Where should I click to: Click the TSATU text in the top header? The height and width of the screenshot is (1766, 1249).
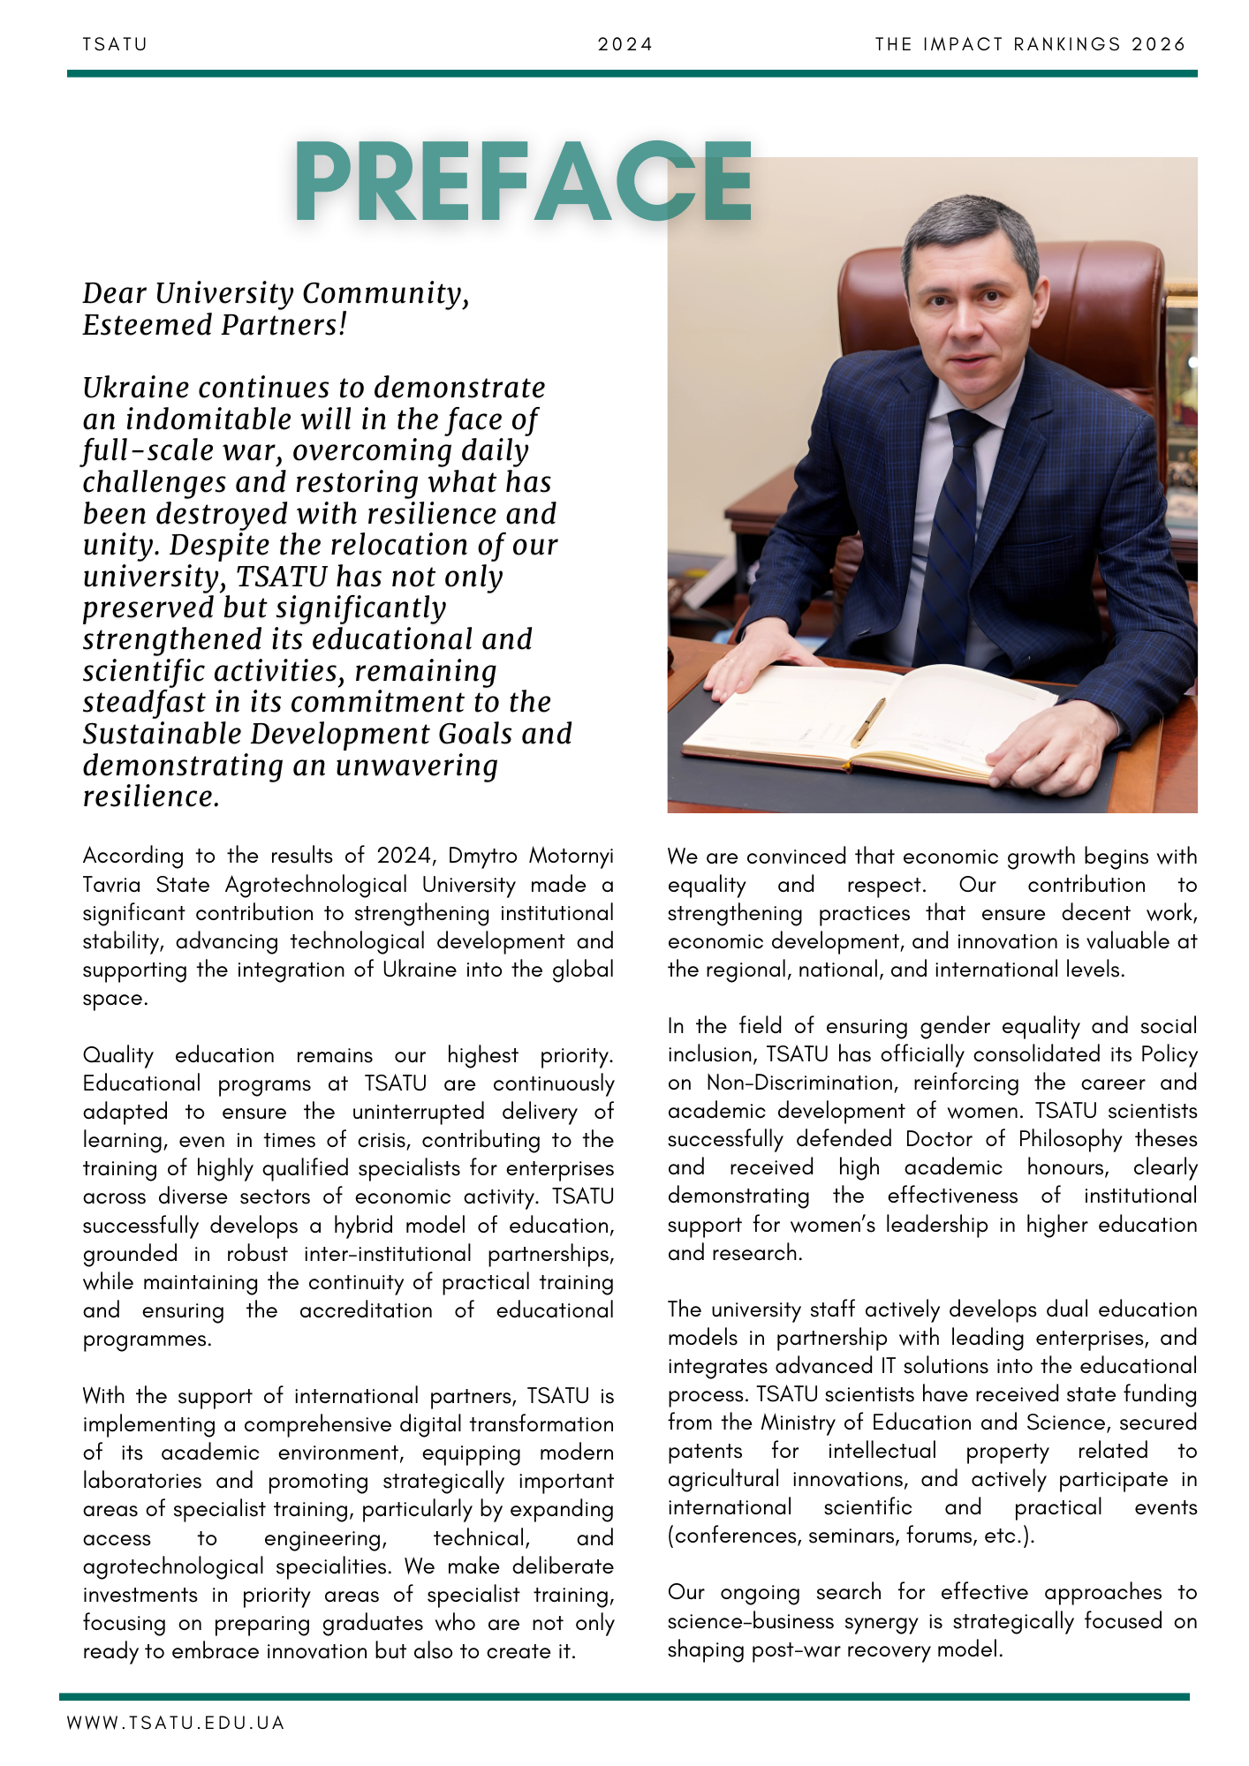(115, 44)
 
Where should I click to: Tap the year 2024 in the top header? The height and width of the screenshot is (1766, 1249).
(624, 44)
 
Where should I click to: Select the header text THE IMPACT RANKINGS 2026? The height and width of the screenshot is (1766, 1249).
(1030, 44)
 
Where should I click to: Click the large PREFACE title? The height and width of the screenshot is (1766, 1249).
(523, 182)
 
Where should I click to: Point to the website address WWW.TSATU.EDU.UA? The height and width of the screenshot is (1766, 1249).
(175, 1723)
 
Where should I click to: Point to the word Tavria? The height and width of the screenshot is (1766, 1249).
(111, 885)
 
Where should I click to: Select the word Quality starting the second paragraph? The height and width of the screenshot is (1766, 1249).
(117, 1055)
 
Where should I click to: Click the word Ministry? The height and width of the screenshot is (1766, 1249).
(793, 1423)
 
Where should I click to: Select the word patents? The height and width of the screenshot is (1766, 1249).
(705, 1451)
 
